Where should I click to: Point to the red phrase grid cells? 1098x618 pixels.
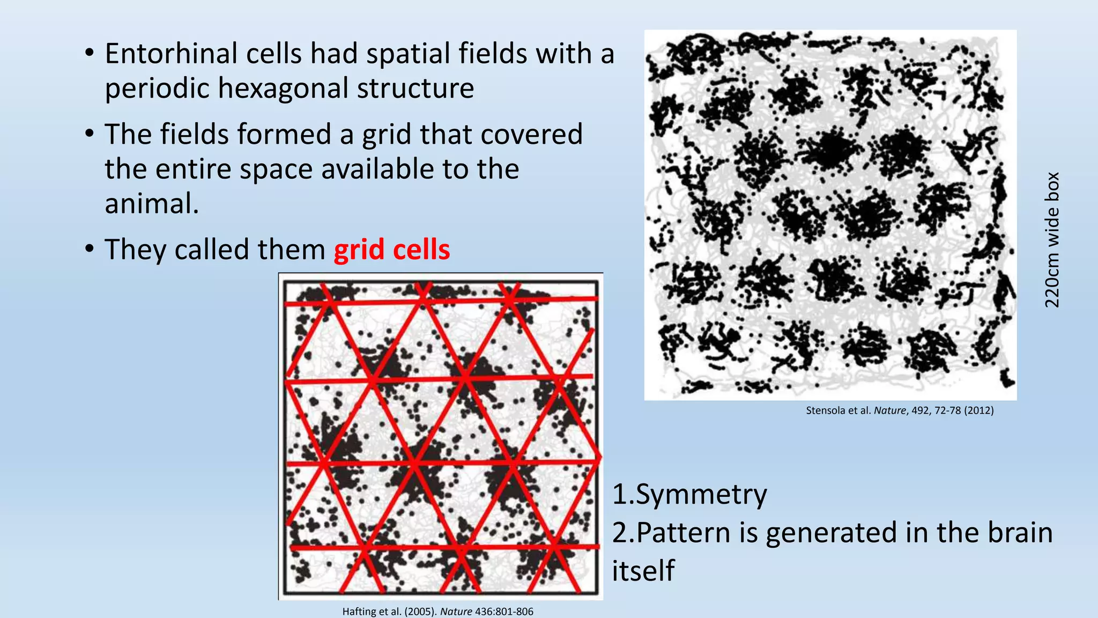tap(391, 250)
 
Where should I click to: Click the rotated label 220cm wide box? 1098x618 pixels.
tap(1052, 240)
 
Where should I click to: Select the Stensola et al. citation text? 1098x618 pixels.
tap(899, 411)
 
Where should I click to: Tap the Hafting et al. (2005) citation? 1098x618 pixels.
tap(437, 612)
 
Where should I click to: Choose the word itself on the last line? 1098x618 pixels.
tap(643, 570)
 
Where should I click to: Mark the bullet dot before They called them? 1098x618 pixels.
tap(90, 249)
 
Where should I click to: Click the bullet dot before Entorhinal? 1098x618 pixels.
tap(90, 53)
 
